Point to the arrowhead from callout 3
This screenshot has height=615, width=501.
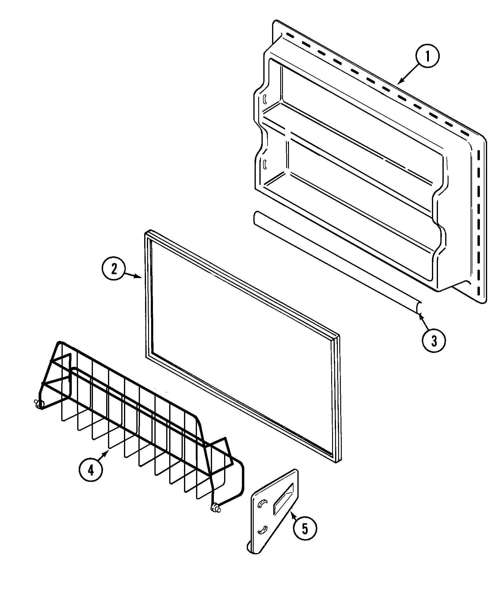click(419, 315)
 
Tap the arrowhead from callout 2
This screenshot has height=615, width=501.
click(141, 277)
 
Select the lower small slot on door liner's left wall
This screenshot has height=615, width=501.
click(265, 164)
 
